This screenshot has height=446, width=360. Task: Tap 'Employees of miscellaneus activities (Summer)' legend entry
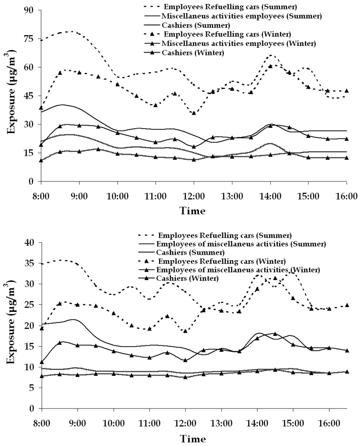tap(241, 244)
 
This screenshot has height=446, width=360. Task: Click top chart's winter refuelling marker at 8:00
tap(41, 107)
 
